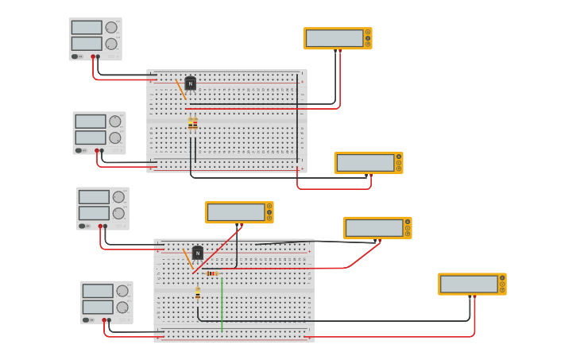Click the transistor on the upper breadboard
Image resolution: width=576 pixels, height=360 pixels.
pyautogui.click(x=191, y=83)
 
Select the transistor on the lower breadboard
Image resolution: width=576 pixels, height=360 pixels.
pyautogui.click(x=198, y=253)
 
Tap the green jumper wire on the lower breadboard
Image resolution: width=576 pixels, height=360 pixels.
pyautogui.click(x=222, y=302)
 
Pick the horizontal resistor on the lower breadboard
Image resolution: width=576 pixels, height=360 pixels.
pyautogui.click(x=211, y=273)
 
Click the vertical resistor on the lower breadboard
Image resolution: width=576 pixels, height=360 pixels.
pyautogui.click(x=198, y=294)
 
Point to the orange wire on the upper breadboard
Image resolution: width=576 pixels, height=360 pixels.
pyautogui.click(x=181, y=89)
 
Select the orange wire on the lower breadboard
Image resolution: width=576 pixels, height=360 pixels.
pyautogui.click(x=187, y=258)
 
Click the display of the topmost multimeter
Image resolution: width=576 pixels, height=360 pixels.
pyautogui.click(x=334, y=38)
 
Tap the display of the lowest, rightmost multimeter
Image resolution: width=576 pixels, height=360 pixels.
pyautogui.click(x=469, y=284)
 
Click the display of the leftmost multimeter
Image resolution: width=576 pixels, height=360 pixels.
pyautogui.click(x=236, y=212)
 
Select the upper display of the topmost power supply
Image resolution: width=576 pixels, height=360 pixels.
pyautogui.click(x=87, y=28)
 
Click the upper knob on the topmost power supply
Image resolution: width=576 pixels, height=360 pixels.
pyautogui.click(x=111, y=28)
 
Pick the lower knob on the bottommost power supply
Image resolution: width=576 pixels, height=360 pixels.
pyautogui.click(x=122, y=307)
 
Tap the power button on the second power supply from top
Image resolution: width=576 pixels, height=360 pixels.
pyautogui.click(x=79, y=150)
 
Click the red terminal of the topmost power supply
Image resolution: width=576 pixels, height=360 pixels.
pyautogui.click(x=93, y=56)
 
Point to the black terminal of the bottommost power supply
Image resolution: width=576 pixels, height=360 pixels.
pyautogui.click(x=109, y=320)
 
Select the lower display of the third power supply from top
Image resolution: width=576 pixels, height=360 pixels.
pyautogui.click(x=94, y=213)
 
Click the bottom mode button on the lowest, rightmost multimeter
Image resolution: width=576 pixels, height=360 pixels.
pyautogui.click(x=502, y=290)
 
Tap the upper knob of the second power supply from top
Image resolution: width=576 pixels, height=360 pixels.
pyautogui.click(x=115, y=122)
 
